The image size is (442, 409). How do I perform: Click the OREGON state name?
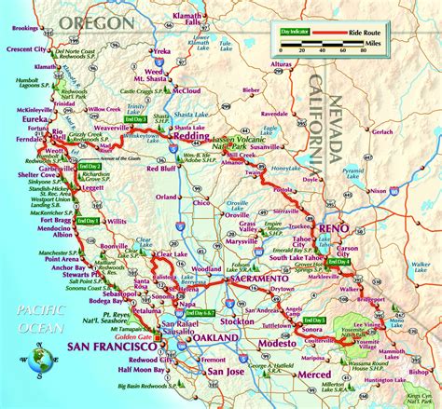[91, 20]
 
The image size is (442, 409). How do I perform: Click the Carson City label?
[350, 251]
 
